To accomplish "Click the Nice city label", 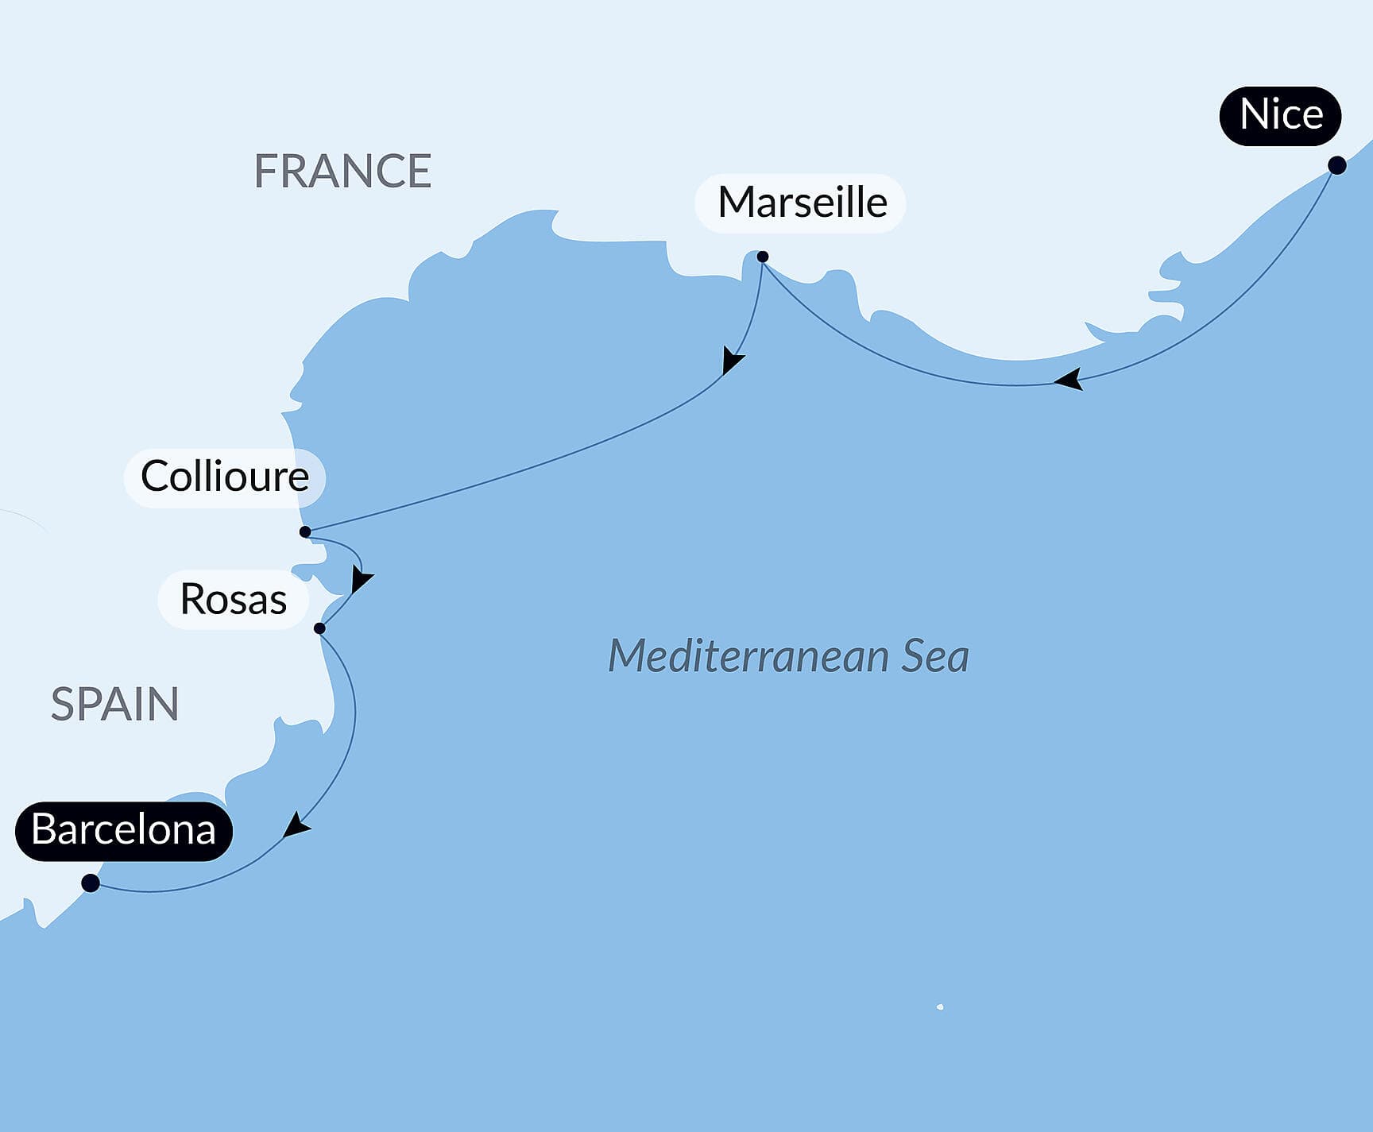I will [x=1280, y=115].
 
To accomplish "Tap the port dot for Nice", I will [x=1337, y=165].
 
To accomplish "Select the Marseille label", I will [x=801, y=203].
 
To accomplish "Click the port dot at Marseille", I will [x=763, y=257].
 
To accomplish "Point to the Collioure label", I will [x=224, y=477].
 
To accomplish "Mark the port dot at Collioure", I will [x=305, y=532].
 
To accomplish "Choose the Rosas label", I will [x=233, y=599].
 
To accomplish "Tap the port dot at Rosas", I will [x=319, y=628].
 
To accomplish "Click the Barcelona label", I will [x=123, y=830].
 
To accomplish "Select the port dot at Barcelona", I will [x=91, y=883].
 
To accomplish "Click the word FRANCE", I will [x=342, y=171].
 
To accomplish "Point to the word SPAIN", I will [x=115, y=704].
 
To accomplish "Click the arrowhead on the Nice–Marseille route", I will [x=1069, y=380].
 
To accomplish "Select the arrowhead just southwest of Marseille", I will [x=731, y=361].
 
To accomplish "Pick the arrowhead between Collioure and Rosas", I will [x=360, y=581].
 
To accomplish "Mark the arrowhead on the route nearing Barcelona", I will [x=296, y=826].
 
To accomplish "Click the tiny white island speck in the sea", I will [x=940, y=1006].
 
